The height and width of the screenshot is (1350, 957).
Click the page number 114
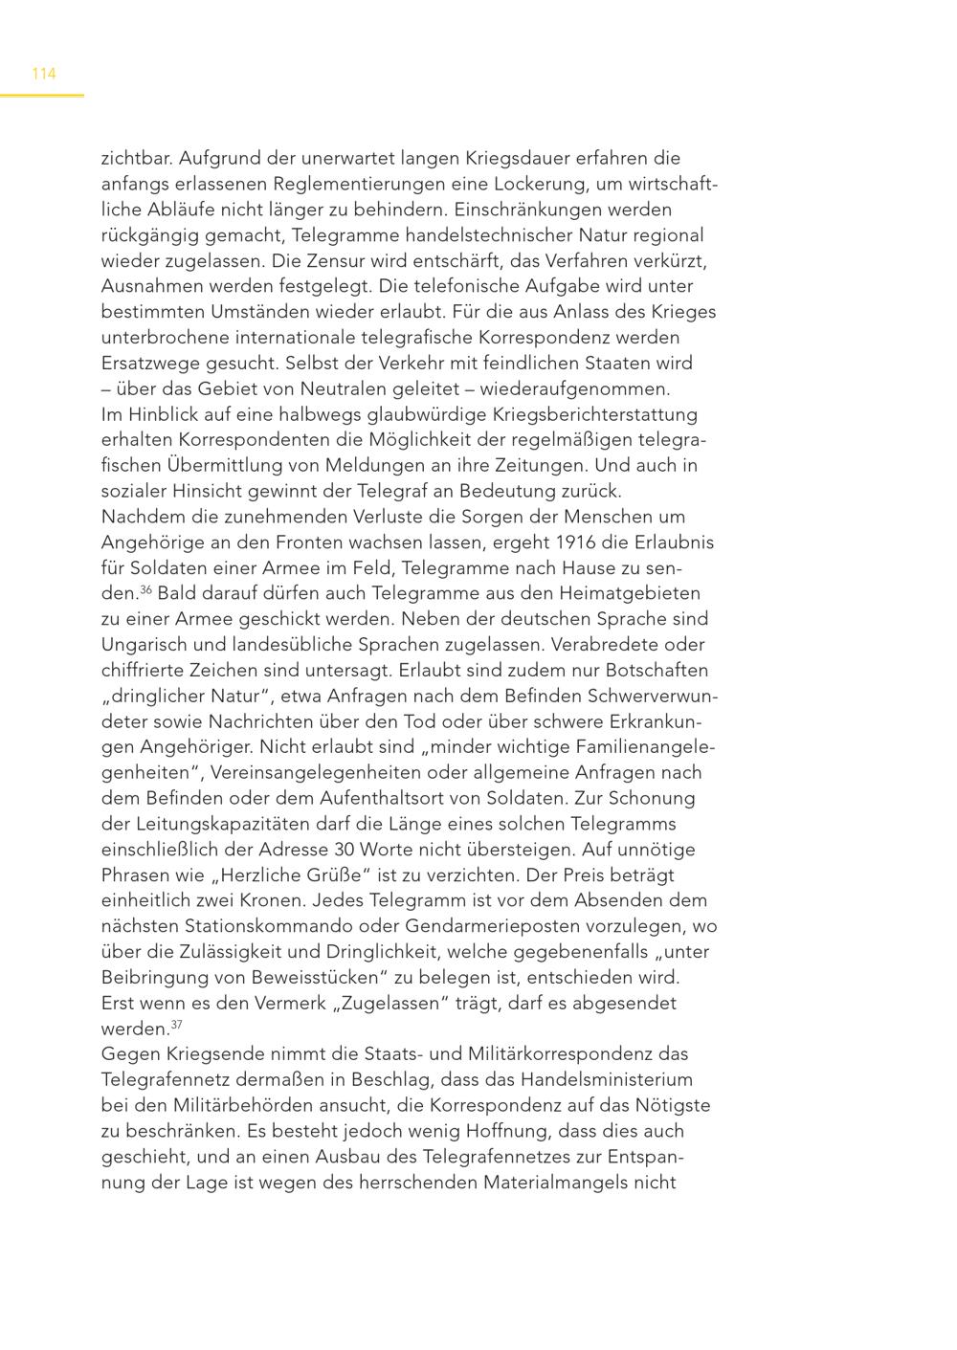point(44,74)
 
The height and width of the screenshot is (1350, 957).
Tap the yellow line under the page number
point(42,95)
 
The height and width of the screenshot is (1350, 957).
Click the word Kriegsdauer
point(520,158)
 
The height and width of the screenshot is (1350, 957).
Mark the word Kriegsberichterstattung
point(595,414)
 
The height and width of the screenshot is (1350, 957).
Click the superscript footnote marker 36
point(146,588)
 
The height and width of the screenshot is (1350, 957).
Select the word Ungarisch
point(144,645)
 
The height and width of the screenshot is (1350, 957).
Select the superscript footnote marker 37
point(176,1025)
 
